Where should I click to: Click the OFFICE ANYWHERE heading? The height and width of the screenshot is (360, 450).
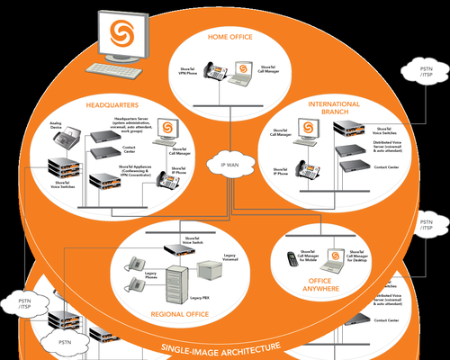pyautogui.click(x=321, y=285)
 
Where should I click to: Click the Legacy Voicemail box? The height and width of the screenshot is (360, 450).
pyautogui.click(x=209, y=265)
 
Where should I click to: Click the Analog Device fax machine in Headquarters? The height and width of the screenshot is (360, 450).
pyautogui.click(x=67, y=137)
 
